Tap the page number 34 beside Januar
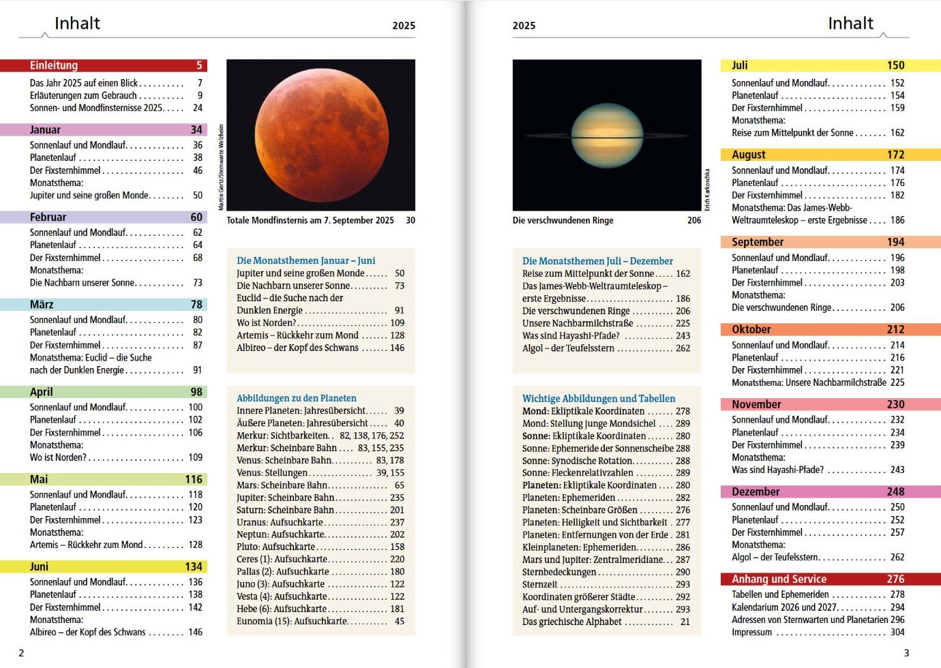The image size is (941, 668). click(x=196, y=130)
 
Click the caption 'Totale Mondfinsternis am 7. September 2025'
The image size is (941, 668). click(x=310, y=220)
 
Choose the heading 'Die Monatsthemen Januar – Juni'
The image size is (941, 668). click(x=305, y=260)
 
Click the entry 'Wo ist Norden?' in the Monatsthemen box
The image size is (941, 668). click(x=266, y=322)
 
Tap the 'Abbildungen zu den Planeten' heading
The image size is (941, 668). click(x=297, y=398)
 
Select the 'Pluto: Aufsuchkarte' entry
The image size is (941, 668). click(x=275, y=547)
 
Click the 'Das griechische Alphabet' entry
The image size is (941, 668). click(x=571, y=622)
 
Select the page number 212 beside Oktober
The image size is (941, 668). click(x=895, y=329)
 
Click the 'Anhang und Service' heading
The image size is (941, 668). click(x=779, y=579)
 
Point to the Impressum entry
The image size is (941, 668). click(x=752, y=632)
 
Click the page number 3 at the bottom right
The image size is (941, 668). click(x=906, y=652)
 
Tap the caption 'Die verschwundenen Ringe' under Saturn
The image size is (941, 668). click(x=563, y=220)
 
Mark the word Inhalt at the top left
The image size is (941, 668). click(x=77, y=23)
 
